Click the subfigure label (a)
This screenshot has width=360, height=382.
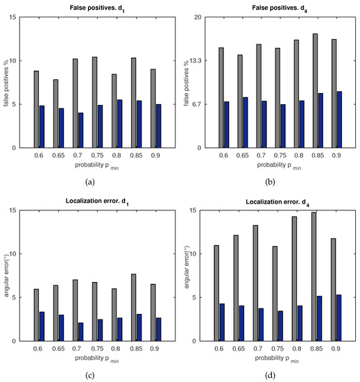tap(89, 182)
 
